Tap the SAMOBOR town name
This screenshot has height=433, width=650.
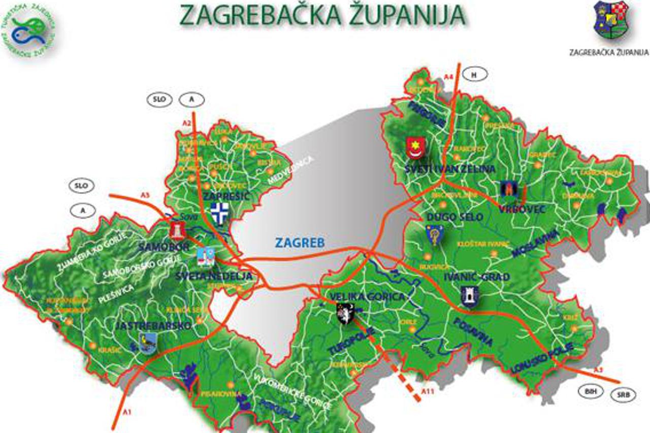(164, 248)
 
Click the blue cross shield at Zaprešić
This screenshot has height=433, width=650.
(219, 213)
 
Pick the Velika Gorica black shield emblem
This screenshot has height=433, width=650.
(346, 313)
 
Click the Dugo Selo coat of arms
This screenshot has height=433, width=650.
(435, 235)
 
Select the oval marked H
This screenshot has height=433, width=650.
(474, 75)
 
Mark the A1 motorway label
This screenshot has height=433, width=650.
(127, 412)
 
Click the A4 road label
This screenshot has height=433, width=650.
(448, 76)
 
